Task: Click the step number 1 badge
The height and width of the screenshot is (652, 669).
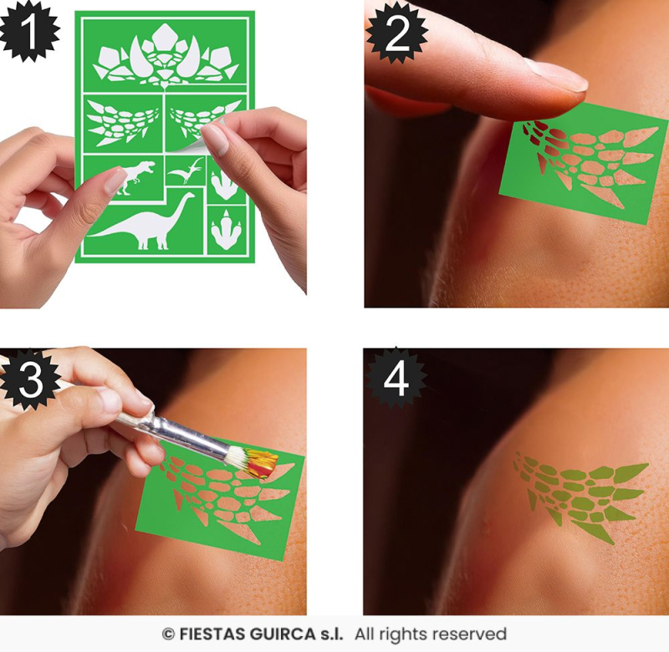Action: [29, 31]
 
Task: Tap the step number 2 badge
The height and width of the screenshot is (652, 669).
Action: [396, 33]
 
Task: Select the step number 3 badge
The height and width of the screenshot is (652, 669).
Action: [31, 379]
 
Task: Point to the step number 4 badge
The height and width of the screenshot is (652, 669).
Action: [396, 379]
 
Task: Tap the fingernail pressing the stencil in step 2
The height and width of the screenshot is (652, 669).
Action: [556, 76]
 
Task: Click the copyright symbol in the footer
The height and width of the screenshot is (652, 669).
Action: [169, 634]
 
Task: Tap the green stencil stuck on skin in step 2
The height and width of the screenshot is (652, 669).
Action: [583, 162]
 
